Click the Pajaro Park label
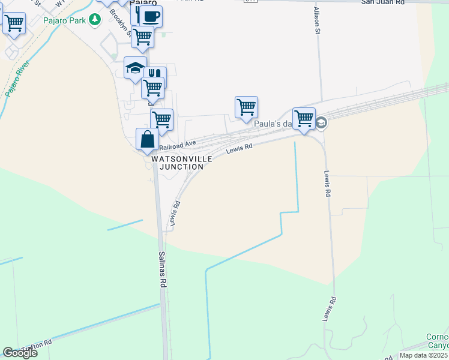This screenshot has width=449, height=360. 65,20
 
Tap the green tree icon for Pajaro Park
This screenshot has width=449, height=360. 94,20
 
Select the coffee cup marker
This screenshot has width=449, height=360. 151,16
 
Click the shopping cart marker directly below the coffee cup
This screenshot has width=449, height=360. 143,37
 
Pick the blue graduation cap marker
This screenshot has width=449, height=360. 136,67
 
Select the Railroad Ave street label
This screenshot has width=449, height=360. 178,145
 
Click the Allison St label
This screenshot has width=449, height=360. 316,20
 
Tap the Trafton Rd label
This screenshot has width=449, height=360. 36,347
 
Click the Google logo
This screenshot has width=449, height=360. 19,353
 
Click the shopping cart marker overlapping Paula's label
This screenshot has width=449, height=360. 304,119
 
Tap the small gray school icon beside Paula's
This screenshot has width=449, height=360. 321,122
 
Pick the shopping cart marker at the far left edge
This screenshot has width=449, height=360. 14,23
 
